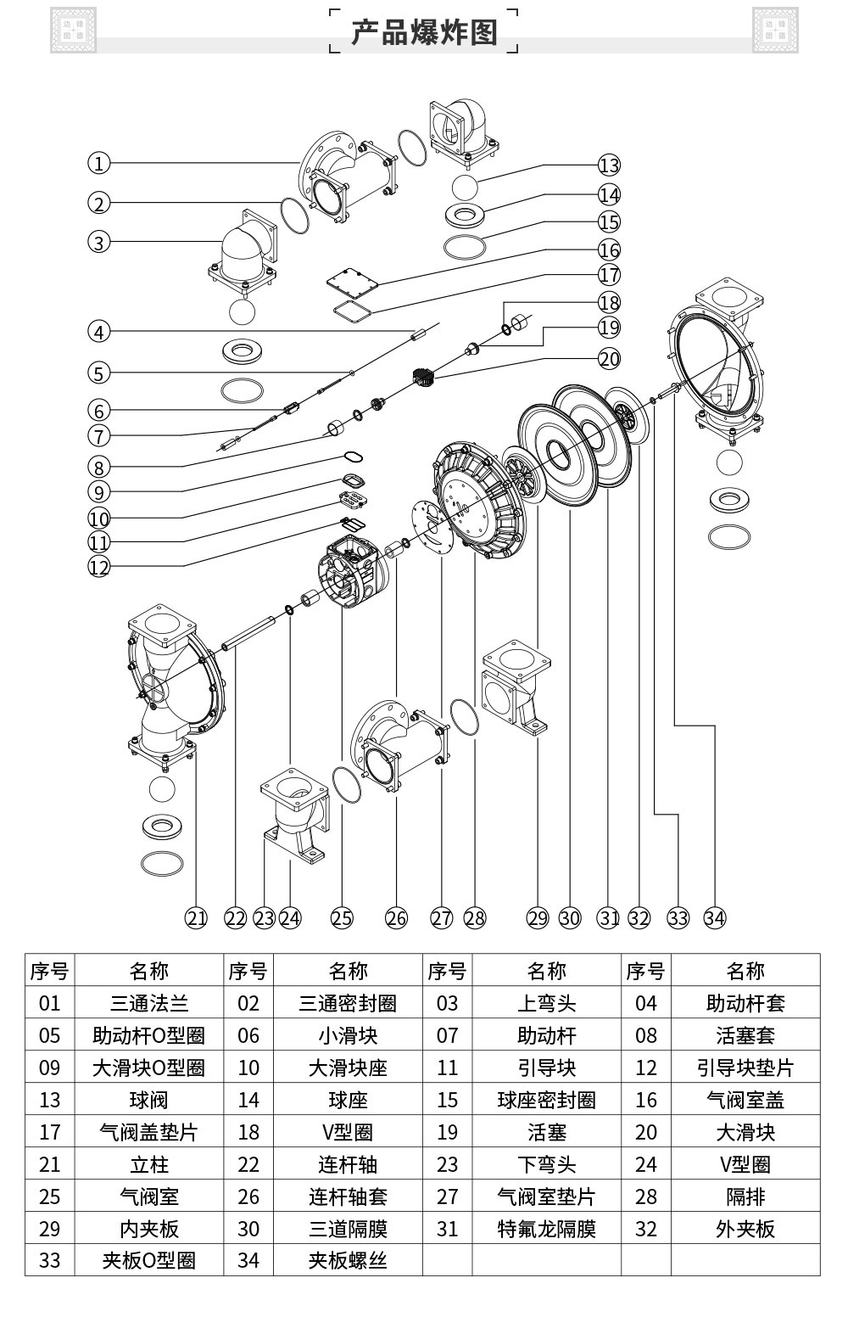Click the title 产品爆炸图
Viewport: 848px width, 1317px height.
(x=424, y=32)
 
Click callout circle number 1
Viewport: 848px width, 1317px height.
(x=98, y=163)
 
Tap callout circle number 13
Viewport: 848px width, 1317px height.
(x=609, y=165)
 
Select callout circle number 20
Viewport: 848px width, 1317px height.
(x=609, y=358)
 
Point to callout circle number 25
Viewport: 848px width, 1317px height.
(x=342, y=918)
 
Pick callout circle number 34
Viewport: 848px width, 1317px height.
(x=715, y=918)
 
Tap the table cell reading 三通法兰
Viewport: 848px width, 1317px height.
(x=149, y=1002)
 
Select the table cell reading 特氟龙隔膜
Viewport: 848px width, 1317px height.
(x=546, y=1228)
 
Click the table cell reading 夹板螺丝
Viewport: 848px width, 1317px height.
(x=348, y=1260)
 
